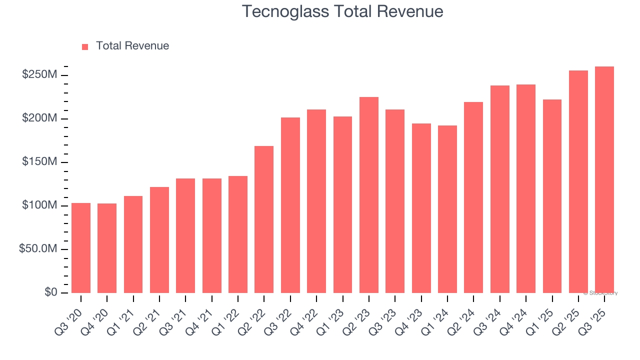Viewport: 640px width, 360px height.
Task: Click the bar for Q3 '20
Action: coord(81,247)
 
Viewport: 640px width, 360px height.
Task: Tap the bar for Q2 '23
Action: coord(369,195)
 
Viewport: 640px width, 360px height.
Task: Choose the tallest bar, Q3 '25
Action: coord(604,180)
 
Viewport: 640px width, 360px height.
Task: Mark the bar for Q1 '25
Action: coord(552,196)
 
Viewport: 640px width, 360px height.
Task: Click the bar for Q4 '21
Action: coord(212,235)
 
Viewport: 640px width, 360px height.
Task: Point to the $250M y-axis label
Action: coord(39,75)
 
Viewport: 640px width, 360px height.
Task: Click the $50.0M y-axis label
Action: coord(37,249)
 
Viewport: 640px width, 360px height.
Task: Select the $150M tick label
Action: coord(39,162)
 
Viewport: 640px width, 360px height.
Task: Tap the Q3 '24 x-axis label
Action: coord(491,316)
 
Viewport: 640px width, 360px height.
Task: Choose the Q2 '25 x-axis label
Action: coord(570,316)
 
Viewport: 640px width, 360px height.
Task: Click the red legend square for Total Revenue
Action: coord(85,46)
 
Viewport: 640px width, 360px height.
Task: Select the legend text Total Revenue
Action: coord(132,46)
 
